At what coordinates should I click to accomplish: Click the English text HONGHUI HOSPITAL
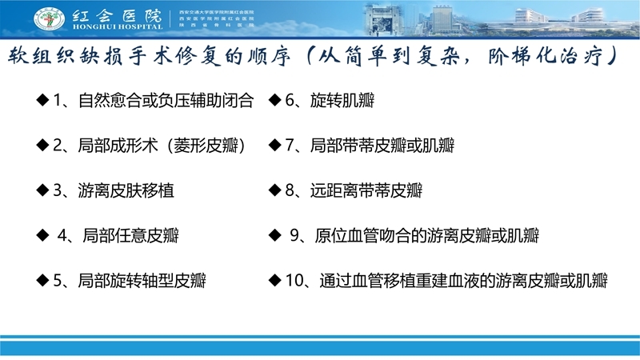[118, 26]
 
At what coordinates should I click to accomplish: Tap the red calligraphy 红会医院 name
[117, 14]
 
